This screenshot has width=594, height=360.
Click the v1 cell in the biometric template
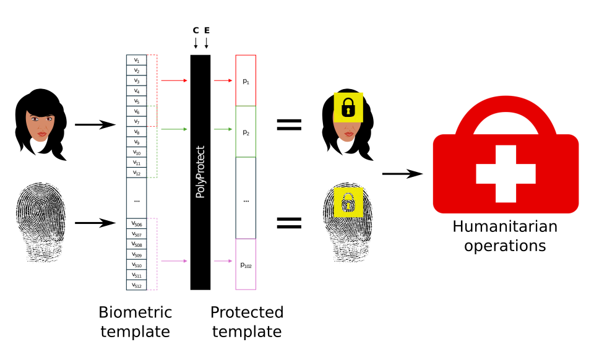[x=136, y=60]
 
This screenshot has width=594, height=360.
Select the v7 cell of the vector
[x=136, y=122]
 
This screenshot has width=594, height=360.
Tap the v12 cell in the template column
[x=136, y=173]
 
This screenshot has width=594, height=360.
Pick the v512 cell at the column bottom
[x=136, y=285]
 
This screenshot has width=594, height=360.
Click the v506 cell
[x=136, y=223]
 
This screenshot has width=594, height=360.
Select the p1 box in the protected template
[x=246, y=81]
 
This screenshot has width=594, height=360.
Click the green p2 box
[x=246, y=132]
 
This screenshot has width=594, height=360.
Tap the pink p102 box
[x=246, y=265]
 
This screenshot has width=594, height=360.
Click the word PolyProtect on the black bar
[x=200, y=172]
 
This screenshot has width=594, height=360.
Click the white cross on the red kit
[x=506, y=174]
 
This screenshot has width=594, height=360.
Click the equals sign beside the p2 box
[x=288, y=124]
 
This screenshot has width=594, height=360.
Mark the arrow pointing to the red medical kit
[x=402, y=174]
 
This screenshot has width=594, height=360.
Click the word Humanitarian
[x=505, y=226]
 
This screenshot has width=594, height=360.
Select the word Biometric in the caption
[x=135, y=312]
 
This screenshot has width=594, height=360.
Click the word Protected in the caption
[x=247, y=312]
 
